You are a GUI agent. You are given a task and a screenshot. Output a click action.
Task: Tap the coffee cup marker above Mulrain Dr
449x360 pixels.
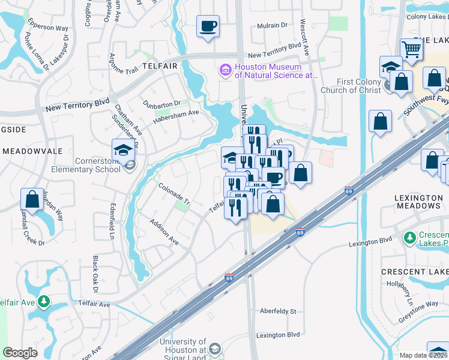click(x=208, y=26)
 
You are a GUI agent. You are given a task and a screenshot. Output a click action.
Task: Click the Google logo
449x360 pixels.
click(x=20, y=353)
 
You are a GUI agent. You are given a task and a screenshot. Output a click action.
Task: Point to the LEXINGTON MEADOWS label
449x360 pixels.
click(x=418, y=202)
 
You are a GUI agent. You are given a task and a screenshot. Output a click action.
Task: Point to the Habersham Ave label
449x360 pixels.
click(x=175, y=114)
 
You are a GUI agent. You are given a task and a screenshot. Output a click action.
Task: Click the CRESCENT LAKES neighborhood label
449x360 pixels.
click(x=415, y=272)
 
